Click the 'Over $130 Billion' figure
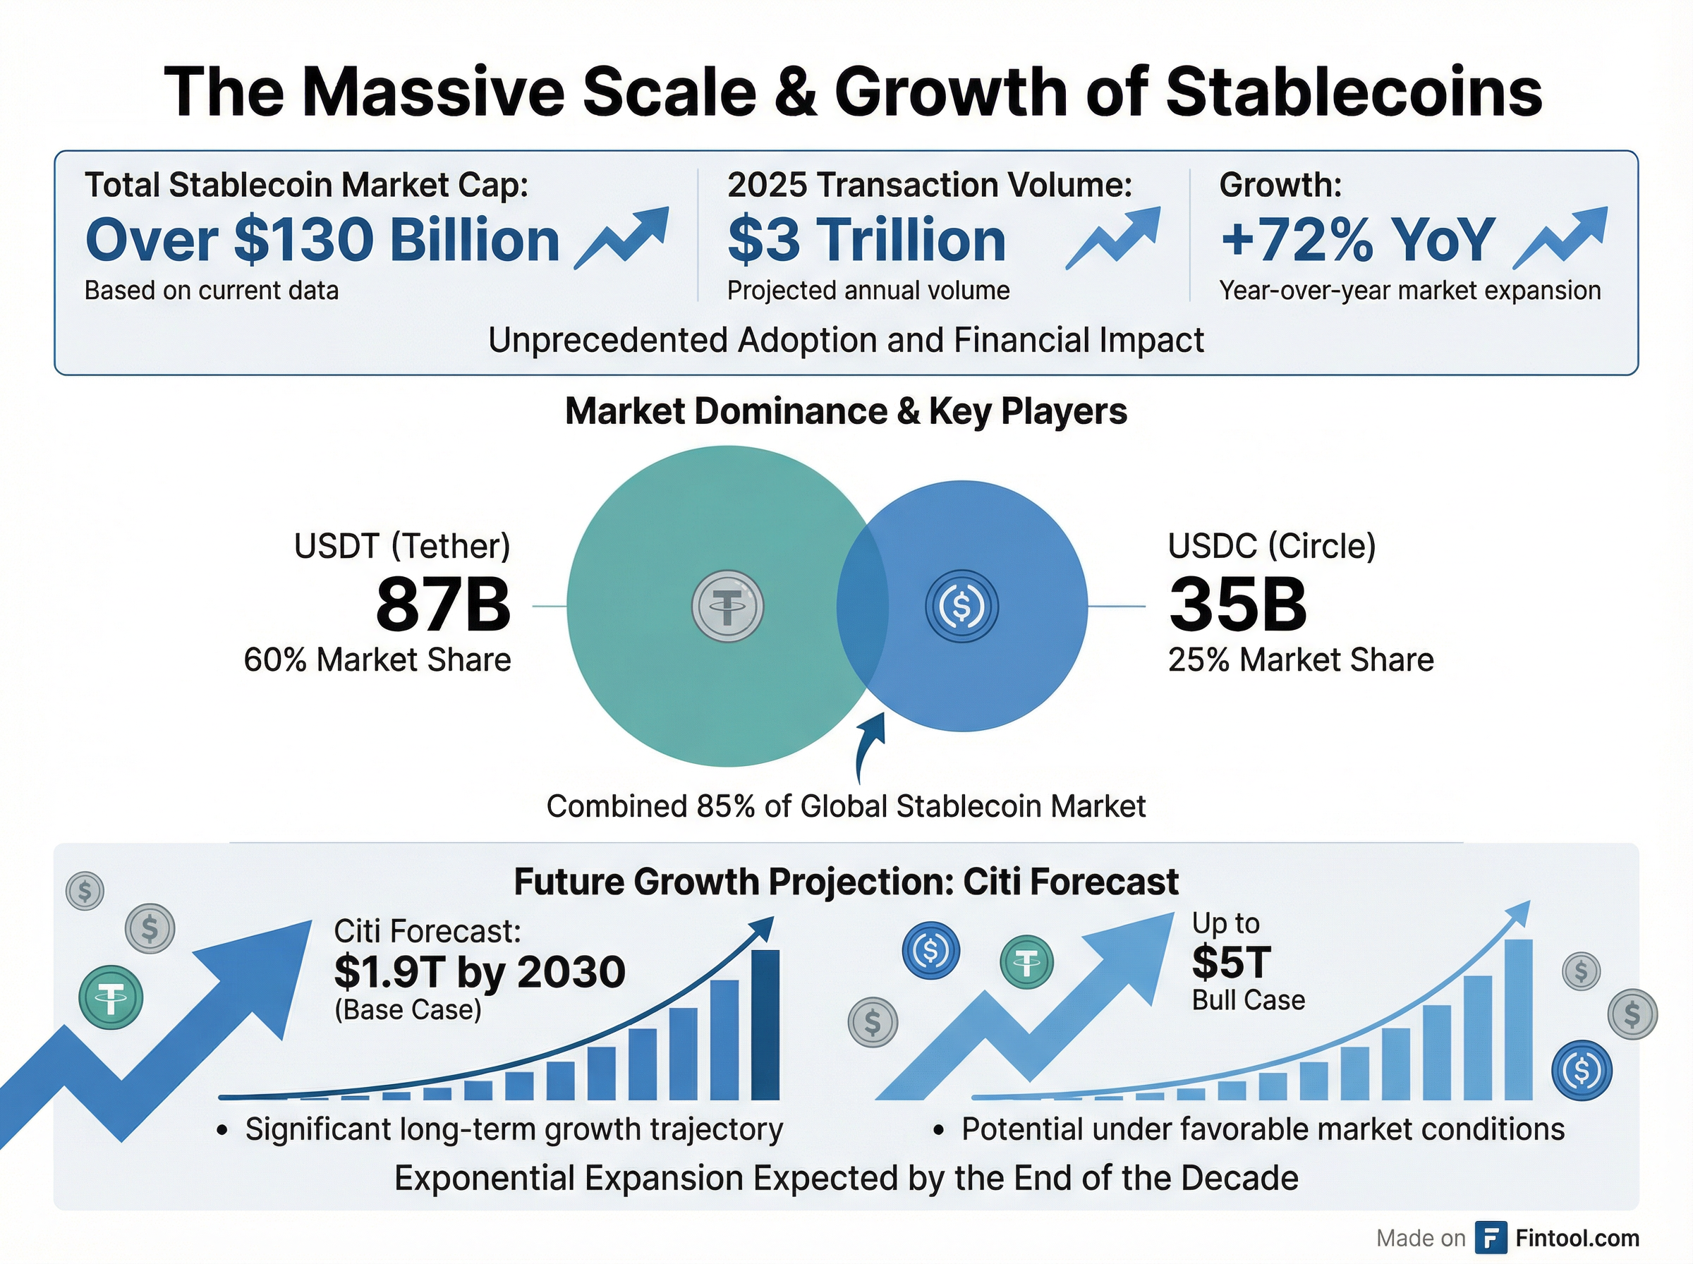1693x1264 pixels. tap(322, 241)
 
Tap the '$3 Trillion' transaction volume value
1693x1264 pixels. tap(866, 241)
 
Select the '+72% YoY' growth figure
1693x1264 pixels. tap(1357, 241)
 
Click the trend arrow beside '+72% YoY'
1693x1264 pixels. tap(1560, 237)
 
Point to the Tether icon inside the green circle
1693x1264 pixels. tap(727, 606)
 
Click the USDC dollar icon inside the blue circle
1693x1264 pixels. tap(961, 606)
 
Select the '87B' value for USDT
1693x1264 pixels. tap(443, 605)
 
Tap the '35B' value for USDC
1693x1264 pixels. tap(1237, 605)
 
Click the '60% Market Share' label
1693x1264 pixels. tap(377, 660)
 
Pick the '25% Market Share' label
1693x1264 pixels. tap(1301, 660)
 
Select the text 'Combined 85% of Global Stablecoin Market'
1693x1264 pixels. tap(845, 806)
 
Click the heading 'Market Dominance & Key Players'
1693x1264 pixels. tap(845, 411)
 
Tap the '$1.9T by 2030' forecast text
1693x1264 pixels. tap(480, 972)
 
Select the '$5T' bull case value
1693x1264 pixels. tap(1231, 962)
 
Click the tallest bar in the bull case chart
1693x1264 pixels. tap(1519, 1019)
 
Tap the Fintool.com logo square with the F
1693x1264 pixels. tap(1491, 1237)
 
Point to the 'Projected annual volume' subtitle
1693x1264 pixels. tap(868, 291)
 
